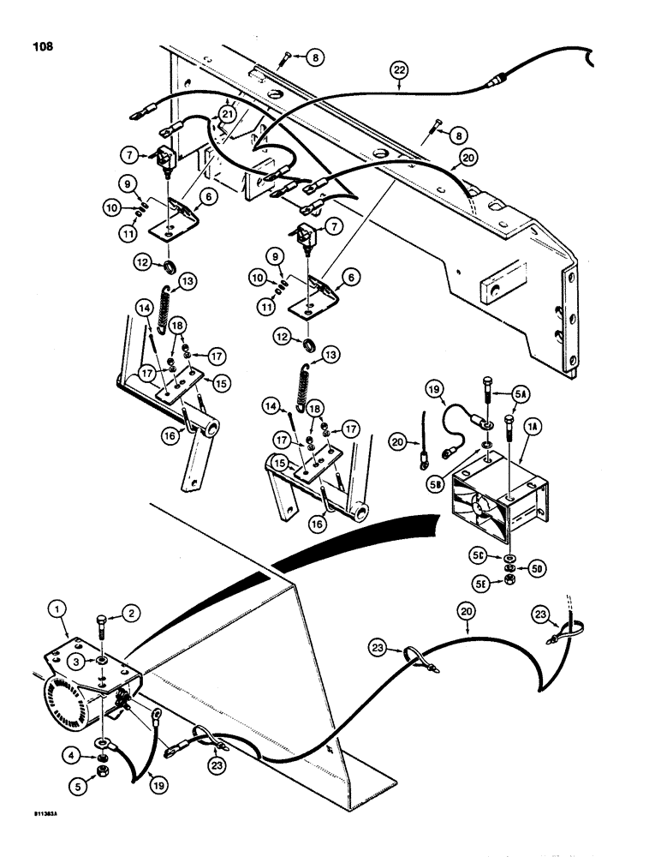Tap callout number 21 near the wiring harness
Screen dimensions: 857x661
pyautogui.click(x=227, y=114)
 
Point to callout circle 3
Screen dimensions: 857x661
pyautogui.click(x=76, y=662)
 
